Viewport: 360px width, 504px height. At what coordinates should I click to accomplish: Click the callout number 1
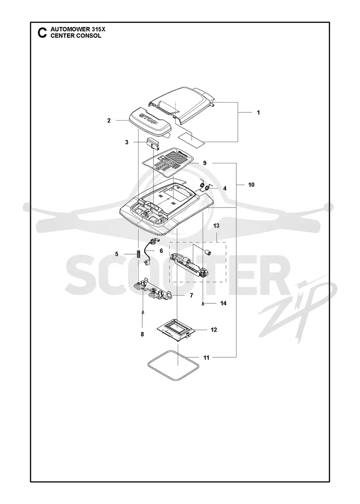point(258,112)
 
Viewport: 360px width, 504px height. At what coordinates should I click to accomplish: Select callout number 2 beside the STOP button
point(109,121)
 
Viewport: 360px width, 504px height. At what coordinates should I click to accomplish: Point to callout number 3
point(126,142)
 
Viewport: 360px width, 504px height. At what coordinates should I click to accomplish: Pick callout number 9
point(205,163)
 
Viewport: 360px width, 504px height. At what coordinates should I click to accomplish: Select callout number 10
point(252,184)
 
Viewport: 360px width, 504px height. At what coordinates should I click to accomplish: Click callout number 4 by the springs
point(225,189)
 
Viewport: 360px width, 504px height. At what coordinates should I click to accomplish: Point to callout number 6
point(162,251)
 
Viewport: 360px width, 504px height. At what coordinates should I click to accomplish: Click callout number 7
point(191,295)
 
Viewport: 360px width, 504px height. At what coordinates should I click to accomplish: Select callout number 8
point(142,334)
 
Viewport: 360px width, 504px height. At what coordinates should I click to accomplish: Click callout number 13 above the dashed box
point(216,225)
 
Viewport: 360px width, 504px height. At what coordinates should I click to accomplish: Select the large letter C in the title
point(42,33)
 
